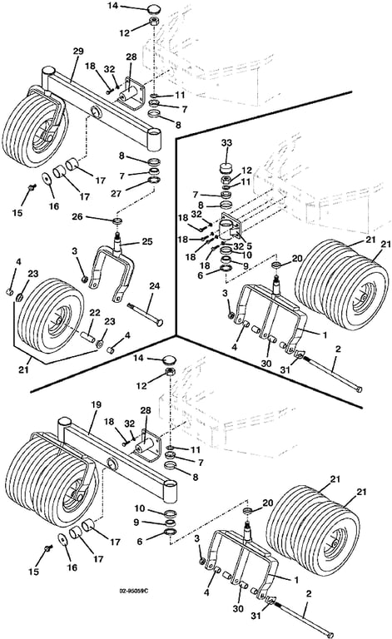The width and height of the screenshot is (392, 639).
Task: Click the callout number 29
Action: click(x=78, y=52)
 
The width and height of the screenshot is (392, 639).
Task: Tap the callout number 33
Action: click(x=226, y=142)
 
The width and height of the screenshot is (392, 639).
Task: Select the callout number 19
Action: click(x=96, y=404)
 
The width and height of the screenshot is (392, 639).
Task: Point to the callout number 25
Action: click(x=146, y=241)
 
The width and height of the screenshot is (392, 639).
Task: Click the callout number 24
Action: click(x=155, y=286)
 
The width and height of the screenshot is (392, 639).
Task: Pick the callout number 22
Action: click(x=95, y=313)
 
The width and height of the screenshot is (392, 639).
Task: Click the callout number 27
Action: click(x=117, y=193)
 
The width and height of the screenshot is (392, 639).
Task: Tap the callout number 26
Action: click(x=77, y=216)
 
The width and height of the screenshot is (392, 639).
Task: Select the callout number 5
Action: click(x=249, y=246)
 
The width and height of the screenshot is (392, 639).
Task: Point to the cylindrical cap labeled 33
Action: click(x=226, y=168)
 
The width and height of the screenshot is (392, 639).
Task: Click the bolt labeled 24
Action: click(x=145, y=314)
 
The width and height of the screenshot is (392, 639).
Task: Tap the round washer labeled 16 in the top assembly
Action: click(x=46, y=179)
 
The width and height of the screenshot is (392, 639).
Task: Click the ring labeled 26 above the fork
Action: click(x=117, y=221)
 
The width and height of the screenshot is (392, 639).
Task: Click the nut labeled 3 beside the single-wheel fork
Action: click(x=86, y=280)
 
